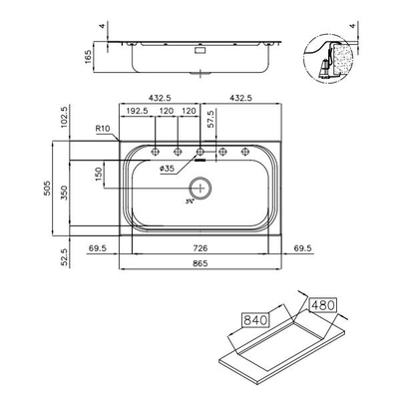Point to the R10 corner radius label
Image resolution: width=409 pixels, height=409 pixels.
(x=102, y=129)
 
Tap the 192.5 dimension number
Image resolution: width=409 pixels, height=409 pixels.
(x=136, y=113)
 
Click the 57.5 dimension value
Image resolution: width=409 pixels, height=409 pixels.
(x=210, y=119)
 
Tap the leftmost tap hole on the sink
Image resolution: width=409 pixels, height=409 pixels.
(x=155, y=153)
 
